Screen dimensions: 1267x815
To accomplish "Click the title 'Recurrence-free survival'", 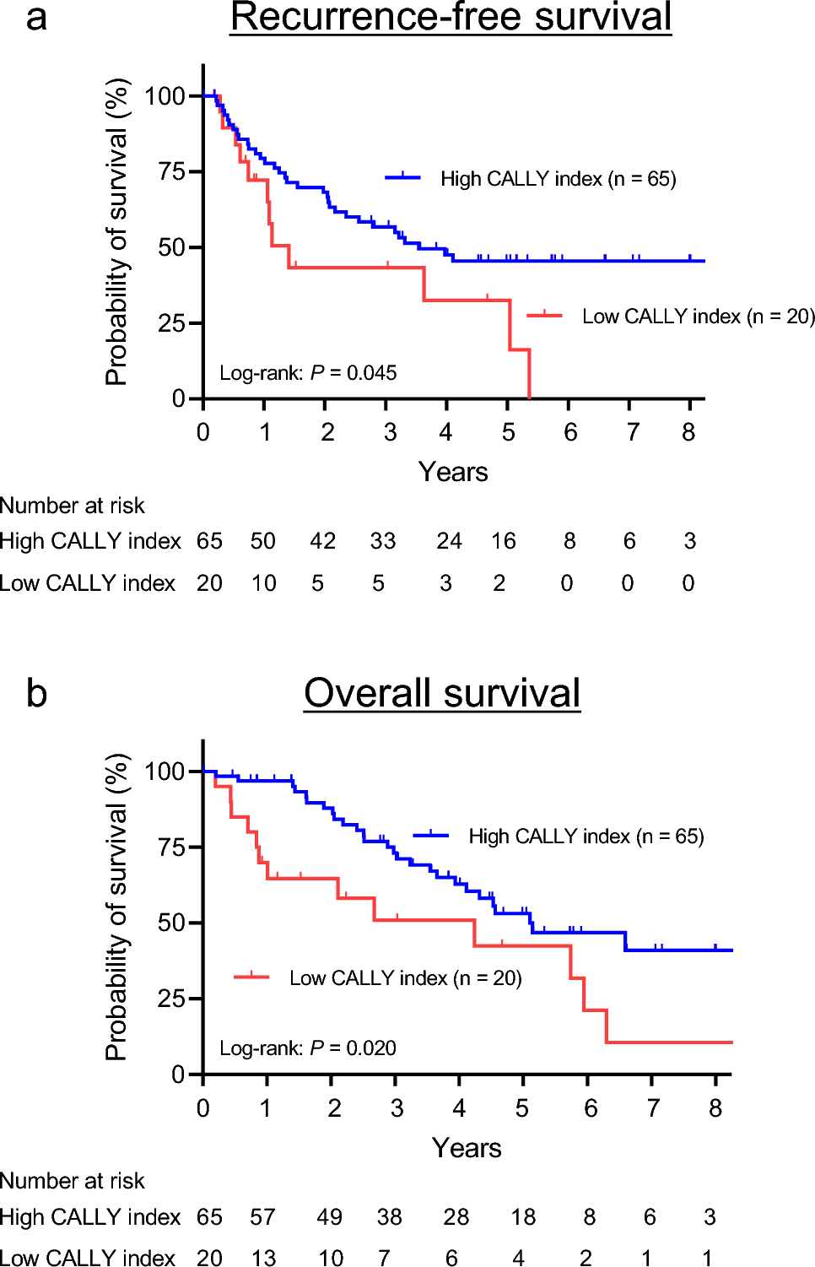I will pos(451,18).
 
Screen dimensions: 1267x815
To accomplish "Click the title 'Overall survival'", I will pos(442,693).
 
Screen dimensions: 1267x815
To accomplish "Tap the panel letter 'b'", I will pos(36,693).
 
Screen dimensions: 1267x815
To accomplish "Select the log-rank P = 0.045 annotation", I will pos(308,373).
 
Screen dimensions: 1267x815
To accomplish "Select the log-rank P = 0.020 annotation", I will pos(308,1048).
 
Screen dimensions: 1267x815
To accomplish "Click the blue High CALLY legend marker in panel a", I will pos(403,177).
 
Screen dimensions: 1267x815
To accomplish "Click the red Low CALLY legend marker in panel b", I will pos(251,977).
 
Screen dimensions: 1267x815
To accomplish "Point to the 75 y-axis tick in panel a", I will pos(171,171).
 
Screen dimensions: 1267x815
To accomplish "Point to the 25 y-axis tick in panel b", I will pos(171,999).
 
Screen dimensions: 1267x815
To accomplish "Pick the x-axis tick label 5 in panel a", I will pos(508,432).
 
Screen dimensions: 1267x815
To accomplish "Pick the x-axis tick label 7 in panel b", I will pos(652,1108).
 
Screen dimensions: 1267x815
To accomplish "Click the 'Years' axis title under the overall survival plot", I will pos(467,1148).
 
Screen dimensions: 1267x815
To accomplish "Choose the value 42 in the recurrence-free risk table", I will pos(323,541).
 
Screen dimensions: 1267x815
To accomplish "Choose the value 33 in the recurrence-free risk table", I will pos(383,541).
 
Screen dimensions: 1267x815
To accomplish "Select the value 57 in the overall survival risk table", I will pos(263,1217).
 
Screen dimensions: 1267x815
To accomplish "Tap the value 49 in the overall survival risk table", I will pos(330,1217).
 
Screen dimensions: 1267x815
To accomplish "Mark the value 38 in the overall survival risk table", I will pos(389,1217).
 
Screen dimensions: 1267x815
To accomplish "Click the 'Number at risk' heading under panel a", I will pos(73,506).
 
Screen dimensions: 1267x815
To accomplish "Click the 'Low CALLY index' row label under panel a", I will pos(88,583).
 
